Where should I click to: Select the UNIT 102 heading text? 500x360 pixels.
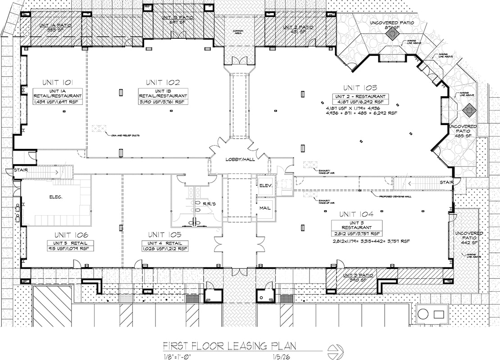click(163, 82)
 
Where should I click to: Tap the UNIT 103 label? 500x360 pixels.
click(359, 88)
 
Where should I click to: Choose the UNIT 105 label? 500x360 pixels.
click(164, 235)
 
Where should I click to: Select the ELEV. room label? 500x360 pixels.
click(264, 185)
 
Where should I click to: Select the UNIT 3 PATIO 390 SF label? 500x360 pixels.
click(359, 278)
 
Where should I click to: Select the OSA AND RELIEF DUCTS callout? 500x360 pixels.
click(121, 134)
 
